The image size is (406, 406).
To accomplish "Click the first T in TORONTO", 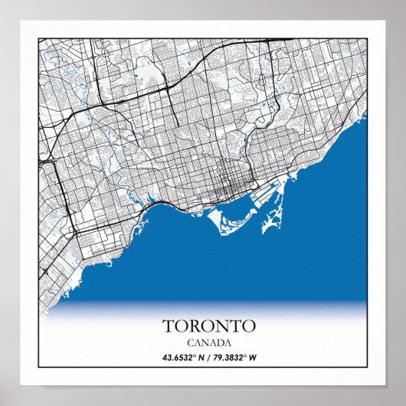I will [168, 326].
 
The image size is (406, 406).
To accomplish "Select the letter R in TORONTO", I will [192, 326].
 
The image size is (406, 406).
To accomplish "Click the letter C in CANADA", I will [188, 342].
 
